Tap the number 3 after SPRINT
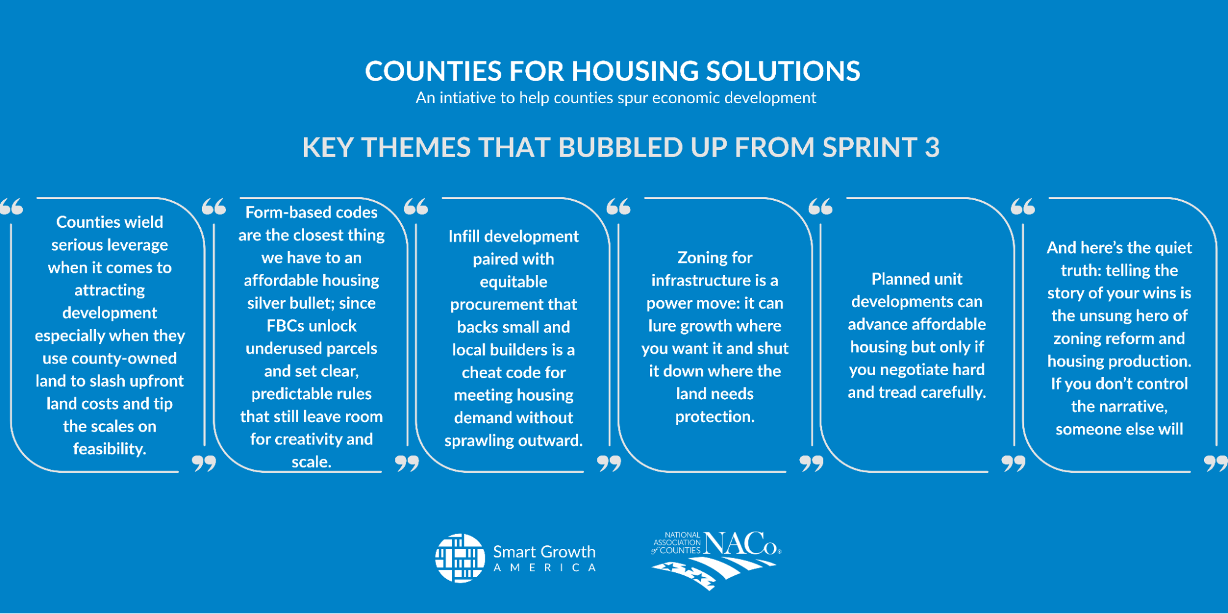pyautogui.click(x=932, y=147)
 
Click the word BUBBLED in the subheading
pyautogui.click(x=621, y=147)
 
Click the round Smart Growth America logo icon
pyautogui.click(x=460, y=558)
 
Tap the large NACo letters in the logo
pyautogui.click(x=741, y=544)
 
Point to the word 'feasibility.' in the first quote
pyautogui.click(x=110, y=449)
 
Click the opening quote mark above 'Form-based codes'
pyautogui.click(x=214, y=207)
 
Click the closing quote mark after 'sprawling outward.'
pyautogui.click(x=609, y=464)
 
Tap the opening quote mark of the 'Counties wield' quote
pyautogui.click(x=12, y=207)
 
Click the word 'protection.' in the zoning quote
pyautogui.click(x=715, y=417)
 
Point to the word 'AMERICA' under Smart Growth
pyautogui.click(x=545, y=568)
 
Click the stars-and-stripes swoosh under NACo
pyautogui.click(x=713, y=573)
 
